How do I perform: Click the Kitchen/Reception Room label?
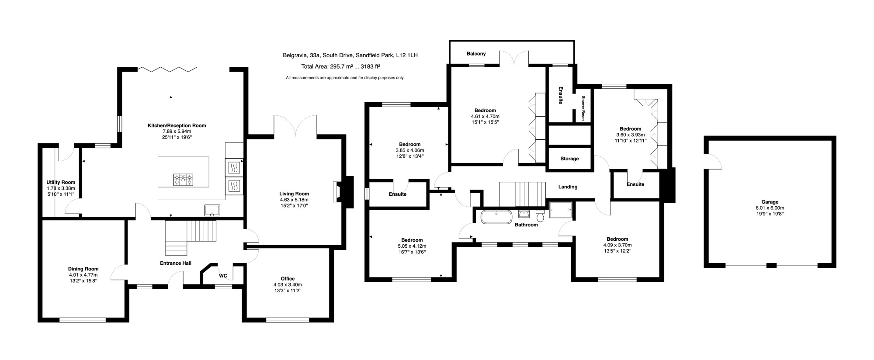177,125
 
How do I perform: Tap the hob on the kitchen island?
183,179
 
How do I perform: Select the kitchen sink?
213,210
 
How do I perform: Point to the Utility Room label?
61,182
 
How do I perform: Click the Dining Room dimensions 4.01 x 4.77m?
83,275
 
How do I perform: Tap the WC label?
223,276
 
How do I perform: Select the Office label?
288,278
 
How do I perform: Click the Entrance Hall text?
176,263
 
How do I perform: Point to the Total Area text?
340,66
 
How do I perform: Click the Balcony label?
476,54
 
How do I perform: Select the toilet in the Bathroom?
540,215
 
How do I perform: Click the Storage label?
569,159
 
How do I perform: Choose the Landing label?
568,187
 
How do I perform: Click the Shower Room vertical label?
583,108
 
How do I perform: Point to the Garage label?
770,202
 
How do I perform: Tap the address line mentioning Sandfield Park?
350,55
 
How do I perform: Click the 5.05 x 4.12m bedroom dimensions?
412,246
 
